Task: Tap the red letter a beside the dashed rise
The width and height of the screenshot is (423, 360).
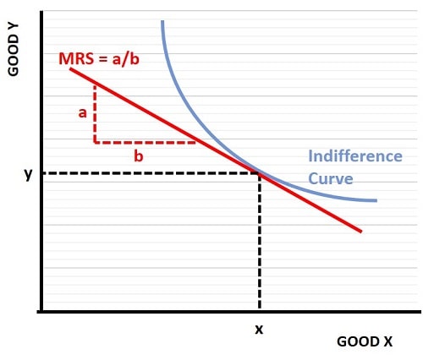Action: pyautogui.click(x=83, y=112)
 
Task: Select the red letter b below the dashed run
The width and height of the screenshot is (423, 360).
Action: pyautogui.click(x=137, y=155)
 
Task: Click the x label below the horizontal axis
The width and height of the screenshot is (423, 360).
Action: pyautogui.click(x=259, y=329)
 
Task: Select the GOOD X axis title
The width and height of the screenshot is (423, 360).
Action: pyautogui.click(x=365, y=342)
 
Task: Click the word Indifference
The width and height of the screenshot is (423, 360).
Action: pyautogui.click(x=354, y=156)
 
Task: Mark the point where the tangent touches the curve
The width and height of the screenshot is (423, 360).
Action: pyautogui.click(x=259, y=173)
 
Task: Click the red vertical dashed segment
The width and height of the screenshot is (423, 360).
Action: pyautogui.click(x=95, y=113)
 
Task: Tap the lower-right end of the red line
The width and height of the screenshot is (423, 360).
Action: pyautogui.click(x=361, y=231)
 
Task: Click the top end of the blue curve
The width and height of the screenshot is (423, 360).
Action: pyautogui.click(x=162, y=20)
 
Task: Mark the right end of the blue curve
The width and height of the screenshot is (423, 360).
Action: pyautogui.click(x=376, y=200)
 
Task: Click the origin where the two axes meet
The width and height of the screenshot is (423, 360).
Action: pyautogui.click(x=41, y=311)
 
